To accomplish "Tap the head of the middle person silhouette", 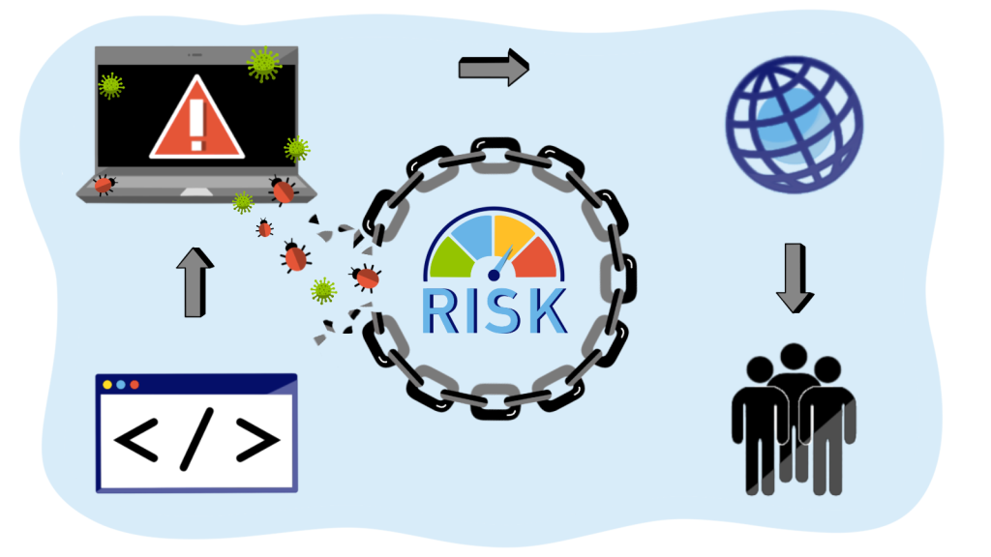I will tap(795, 356).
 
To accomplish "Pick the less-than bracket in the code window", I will tap(138, 441).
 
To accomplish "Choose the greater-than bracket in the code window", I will tap(256, 441).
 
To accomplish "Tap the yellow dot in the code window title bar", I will tap(107, 385).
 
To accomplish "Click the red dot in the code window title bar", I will tap(135, 385).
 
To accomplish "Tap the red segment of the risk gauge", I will tap(539, 257).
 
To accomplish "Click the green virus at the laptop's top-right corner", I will tap(263, 63).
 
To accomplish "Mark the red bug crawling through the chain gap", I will tap(366, 278).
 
